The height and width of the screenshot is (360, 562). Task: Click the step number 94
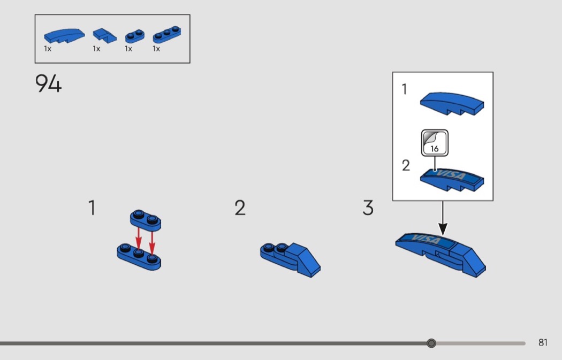pos(49,84)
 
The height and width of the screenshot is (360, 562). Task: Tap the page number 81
pos(543,343)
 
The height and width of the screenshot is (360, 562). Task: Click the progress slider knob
pos(431,343)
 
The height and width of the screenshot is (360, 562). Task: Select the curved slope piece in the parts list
pos(62,36)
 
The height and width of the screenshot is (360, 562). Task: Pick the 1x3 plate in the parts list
pos(166,36)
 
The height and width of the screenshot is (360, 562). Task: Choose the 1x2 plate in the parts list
pos(135,36)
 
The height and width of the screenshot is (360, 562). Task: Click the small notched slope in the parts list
pos(104,36)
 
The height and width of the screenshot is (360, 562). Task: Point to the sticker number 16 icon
pos(434,143)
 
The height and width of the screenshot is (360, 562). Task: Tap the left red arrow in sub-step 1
pos(138,239)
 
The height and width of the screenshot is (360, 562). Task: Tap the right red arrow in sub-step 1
pos(152,242)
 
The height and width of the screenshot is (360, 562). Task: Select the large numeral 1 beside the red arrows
pos(92,208)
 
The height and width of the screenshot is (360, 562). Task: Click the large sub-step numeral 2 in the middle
pos(240,208)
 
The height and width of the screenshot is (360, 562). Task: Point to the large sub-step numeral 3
pos(368,208)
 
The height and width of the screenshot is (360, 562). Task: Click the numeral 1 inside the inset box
pos(405,89)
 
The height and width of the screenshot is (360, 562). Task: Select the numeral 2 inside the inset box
pos(406,166)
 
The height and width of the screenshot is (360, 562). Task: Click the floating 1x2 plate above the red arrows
pos(146,219)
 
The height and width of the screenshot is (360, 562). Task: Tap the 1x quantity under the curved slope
pos(48,49)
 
